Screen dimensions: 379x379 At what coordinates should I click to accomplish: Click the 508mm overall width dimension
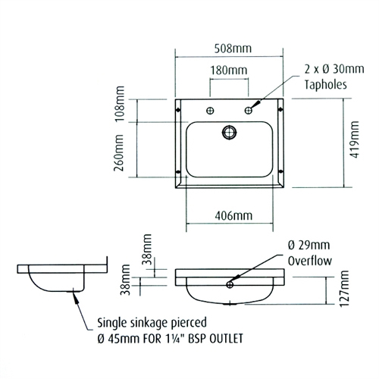[231, 49]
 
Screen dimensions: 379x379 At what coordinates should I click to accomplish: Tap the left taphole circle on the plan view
[206, 111]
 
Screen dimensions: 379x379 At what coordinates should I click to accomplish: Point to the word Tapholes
[324, 86]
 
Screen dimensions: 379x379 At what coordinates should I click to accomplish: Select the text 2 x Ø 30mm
[328, 70]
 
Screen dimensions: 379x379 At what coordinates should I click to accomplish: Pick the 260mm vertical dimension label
[119, 157]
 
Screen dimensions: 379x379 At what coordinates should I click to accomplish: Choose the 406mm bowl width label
[231, 216]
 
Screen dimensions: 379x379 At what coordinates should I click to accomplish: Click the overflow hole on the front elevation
[228, 286]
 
